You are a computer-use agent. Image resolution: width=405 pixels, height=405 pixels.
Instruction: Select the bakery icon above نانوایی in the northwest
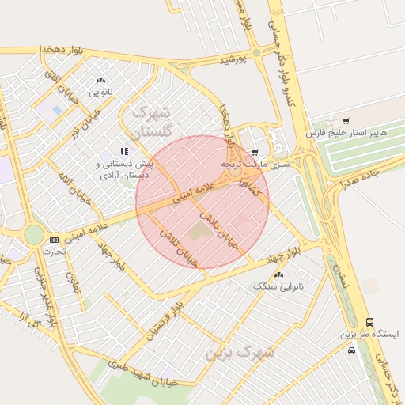coord(100,80)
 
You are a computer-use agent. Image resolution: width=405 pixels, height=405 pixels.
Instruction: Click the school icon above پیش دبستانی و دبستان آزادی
coord(123,150)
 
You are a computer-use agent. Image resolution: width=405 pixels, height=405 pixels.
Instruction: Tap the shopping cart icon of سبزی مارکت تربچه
coord(255,152)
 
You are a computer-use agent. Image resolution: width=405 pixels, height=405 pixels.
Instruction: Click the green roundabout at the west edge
coord(33,234)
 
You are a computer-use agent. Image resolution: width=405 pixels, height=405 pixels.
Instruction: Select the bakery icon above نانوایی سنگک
coord(278,274)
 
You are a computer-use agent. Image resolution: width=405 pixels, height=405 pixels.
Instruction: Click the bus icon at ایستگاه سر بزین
coord(369,322)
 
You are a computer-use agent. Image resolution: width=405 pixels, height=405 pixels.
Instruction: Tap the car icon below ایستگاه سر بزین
coord(351,349)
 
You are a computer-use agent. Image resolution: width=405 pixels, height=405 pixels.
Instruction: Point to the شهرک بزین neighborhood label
coord(240,353)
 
